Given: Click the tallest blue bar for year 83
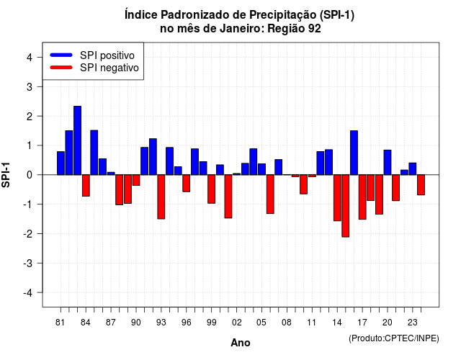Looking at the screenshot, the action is pos(77,140).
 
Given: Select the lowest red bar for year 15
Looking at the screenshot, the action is pos(346,206).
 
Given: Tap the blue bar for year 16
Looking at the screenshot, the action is pos(354,153).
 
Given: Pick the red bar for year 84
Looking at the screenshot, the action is pos(86,186).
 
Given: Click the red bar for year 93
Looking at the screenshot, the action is pos(161,197).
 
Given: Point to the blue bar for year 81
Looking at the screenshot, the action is pos(61,163).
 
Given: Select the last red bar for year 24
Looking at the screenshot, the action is pos(421,185).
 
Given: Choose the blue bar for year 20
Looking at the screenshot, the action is pos(388,162).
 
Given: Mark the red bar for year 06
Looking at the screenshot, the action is pos(270,194).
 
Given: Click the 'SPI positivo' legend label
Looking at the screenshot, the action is pos(107,55).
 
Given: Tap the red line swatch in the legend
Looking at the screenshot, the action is pos(61,68).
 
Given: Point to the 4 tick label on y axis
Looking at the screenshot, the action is pos(30,58).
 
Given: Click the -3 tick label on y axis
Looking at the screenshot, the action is pos(28,264).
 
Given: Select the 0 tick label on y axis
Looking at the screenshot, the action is pos(30,175).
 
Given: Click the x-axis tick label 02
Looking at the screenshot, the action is pos(237,323).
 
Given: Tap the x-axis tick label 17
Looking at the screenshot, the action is pos(362,323).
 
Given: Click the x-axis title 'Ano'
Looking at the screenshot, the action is pos(241,343).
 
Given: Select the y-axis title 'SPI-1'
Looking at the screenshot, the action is pos(6,175).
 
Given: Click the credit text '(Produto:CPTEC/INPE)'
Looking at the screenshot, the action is pos(394,338).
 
